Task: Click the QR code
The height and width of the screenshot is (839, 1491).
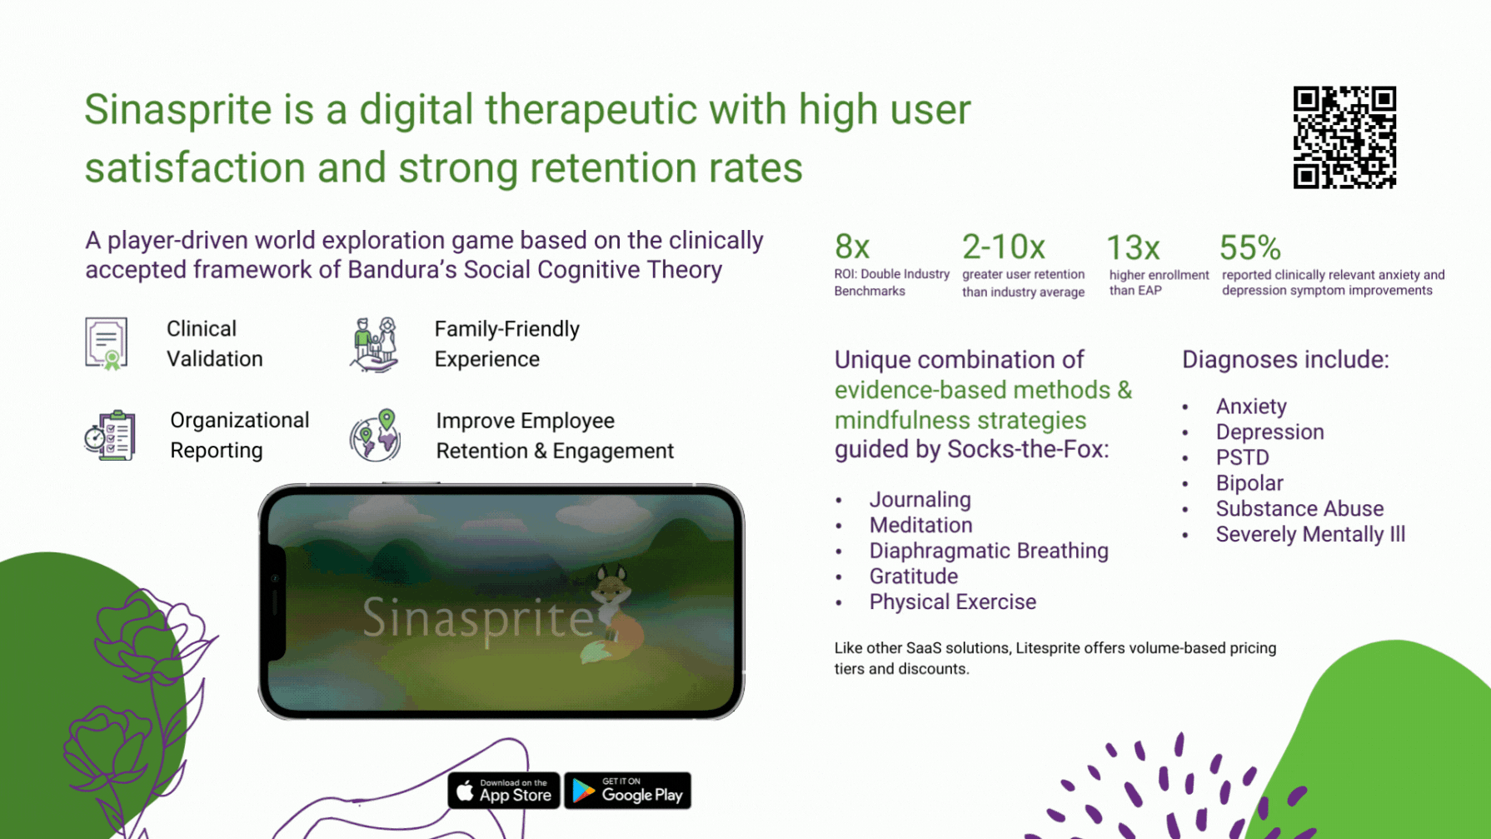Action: click(1344, 137)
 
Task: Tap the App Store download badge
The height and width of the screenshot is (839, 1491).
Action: click(504, 791)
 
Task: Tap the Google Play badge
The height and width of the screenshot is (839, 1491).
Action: click(628, 791)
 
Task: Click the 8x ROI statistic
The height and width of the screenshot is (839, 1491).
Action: click(852, 247)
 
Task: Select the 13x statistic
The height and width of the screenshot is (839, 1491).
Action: click(1133, 247)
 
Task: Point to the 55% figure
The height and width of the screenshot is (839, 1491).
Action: click(1250, 247)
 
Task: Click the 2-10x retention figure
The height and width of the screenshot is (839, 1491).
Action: click(1004, 247)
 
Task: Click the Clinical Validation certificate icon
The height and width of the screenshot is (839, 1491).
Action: click(107, 343)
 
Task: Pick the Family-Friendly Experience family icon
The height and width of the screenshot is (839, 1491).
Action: click(375, 344)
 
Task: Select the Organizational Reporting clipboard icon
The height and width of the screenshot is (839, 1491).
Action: click(110, 435)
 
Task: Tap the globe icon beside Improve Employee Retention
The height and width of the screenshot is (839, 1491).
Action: click(376, 435)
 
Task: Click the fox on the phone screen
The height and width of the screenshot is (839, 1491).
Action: click(614, 614)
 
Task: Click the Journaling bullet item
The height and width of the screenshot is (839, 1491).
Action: click(920, 500)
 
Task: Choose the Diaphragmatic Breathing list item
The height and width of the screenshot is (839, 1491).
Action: click(989, 551)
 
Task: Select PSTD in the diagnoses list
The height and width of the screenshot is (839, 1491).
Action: click(1242, 457)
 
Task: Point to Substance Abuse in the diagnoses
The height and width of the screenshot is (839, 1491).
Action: click(1299, 508)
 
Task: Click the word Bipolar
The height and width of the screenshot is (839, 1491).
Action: click(1249, 483)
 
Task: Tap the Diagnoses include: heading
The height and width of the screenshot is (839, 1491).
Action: click(1285, 360)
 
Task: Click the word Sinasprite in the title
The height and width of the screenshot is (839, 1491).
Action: click(178, 110)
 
